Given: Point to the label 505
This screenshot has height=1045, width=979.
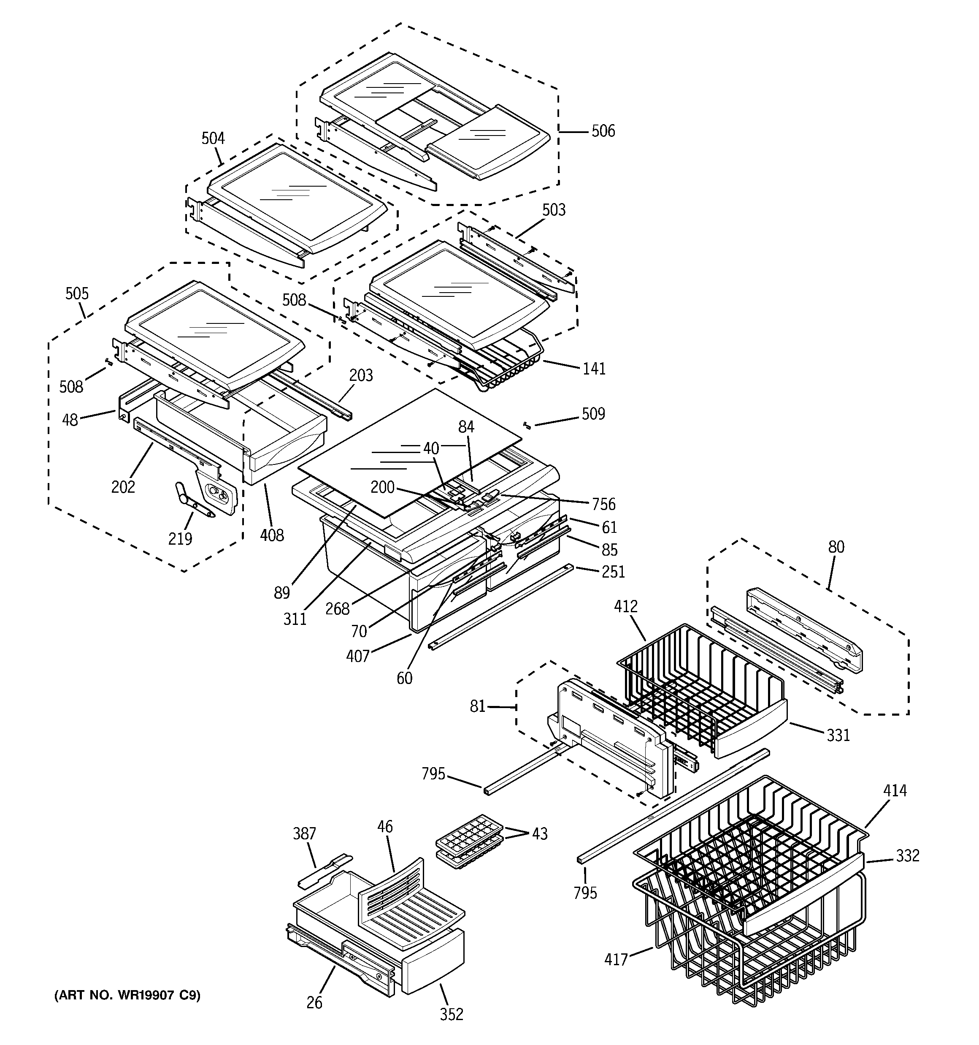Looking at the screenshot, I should (x=77, y=293).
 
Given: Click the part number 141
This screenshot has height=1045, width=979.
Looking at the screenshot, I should (x=594, y=369).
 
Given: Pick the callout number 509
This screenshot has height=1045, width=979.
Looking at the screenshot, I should (x=593, y=414).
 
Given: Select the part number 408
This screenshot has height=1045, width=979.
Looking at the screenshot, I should (x=272, y=535).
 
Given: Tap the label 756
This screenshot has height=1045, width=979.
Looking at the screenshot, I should (x=603, y=504).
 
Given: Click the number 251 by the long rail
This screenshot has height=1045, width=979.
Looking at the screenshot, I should (x=613, y=571).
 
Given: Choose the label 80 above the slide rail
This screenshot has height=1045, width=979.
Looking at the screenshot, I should (x=836, y=547).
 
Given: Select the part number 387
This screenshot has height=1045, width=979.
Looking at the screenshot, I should (x=304, y=834).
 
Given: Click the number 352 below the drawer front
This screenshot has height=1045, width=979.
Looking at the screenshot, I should (x=452, y=1014).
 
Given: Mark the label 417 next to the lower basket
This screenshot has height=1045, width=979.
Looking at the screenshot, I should (x=616, y=959).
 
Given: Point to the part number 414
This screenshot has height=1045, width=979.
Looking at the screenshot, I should (x=895, y=790).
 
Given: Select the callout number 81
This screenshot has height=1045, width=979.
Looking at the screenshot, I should (x=477, y=706).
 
